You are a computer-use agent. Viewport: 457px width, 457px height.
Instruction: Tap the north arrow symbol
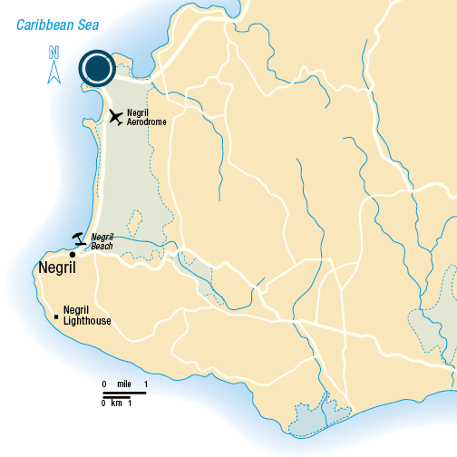[53, 71]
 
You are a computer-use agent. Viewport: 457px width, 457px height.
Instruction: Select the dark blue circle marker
[95, 68]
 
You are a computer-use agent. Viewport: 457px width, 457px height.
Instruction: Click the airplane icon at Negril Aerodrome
[116, 116]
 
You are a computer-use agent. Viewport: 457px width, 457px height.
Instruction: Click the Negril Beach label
[102, 241]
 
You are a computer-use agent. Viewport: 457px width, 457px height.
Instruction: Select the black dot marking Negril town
[73, 254]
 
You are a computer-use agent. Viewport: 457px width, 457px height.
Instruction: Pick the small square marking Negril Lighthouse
[57, 316]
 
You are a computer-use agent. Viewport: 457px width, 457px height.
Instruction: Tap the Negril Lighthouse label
[87, 315]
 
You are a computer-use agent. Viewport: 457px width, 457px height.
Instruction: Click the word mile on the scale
[124, 385]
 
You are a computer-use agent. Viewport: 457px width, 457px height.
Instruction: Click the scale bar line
[124, 394]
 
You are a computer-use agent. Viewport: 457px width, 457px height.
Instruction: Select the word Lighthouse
[87, 320]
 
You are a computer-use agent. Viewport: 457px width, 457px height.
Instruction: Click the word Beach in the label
[102, 246]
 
